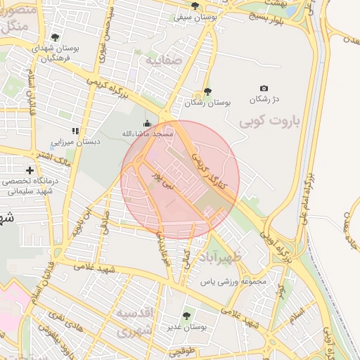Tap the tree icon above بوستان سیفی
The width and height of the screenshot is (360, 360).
[x=195, y=5]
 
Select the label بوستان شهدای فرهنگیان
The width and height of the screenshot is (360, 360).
[x=56, y=54]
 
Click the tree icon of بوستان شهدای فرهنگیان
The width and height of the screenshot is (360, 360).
[x=56, y=37]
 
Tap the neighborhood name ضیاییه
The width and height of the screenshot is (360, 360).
[x=164, y=61]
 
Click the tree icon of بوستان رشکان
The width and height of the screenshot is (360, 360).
[x=207, y=91]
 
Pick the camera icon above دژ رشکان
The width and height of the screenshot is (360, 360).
[x=264, y=88]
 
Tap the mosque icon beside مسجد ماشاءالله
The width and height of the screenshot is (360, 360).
[x=146, y=124]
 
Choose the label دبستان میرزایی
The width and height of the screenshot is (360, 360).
[x=79, y=141]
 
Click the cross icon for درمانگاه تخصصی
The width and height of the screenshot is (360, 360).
[x=30, y=170]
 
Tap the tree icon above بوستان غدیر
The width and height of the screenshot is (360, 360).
[x=186, y=316]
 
